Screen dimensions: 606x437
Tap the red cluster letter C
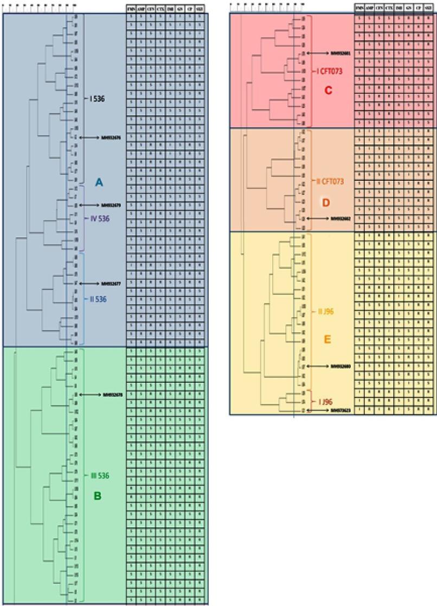[x=327, y=90]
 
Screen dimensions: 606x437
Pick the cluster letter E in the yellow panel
[x=327, y=340]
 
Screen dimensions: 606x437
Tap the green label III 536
[x=99, y=476]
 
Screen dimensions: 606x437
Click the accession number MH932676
[x=111, y=138]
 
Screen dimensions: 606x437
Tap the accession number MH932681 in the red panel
[x=341, y=54]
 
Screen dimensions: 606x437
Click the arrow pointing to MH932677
[x=86, y=283]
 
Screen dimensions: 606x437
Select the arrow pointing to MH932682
[x=318, y=218]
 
